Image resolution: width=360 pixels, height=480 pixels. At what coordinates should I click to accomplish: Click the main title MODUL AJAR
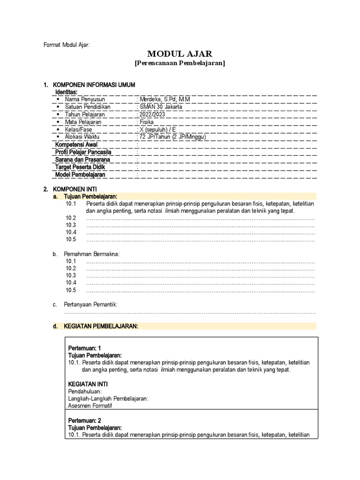coord(180,54)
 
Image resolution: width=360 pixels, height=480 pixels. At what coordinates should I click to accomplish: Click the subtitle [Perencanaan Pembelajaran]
coord(180,63)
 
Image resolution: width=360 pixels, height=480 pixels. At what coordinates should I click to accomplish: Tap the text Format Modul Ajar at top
coord(66,45)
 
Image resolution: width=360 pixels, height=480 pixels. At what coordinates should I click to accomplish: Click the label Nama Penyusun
coord(85,99)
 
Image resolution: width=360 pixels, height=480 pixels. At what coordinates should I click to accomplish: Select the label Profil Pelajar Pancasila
coord(83,152)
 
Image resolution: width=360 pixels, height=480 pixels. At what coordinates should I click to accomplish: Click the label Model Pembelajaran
coord(80,174)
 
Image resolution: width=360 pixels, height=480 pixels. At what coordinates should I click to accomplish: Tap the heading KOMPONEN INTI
coord(75,189)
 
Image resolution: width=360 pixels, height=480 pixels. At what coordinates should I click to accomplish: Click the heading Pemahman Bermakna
coord(92,254)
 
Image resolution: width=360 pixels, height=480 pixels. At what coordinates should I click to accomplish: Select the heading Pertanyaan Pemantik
coord(90,305)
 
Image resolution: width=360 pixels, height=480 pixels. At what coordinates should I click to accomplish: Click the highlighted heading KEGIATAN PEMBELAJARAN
coord(101,326)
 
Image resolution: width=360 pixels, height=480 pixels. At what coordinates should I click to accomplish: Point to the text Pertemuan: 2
coord(85,420)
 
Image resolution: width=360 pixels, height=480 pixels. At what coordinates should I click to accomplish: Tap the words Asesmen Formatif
coord(90,406)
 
